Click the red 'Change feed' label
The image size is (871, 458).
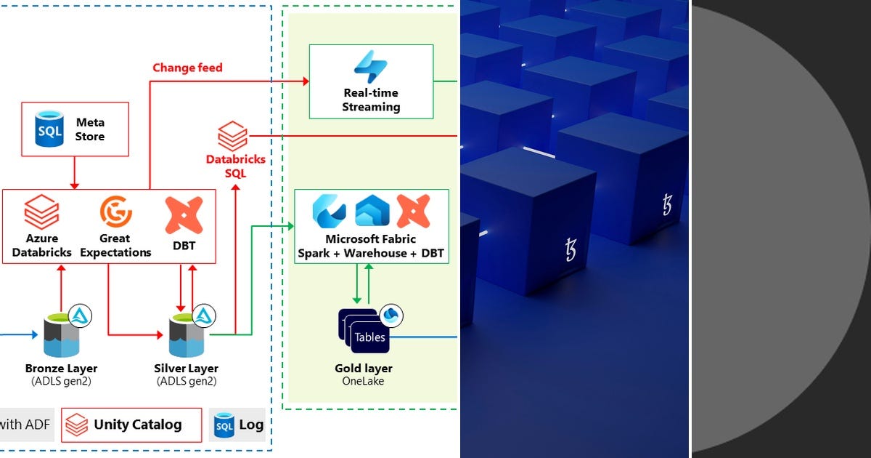click(187, 68)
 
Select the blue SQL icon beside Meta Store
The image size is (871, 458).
click(50, 129)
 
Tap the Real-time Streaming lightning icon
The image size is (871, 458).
click(371, 67)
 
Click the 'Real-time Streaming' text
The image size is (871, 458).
click(371, 100)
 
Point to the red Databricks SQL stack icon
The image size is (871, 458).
click(233, 137)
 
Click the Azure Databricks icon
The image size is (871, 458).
click(41, 212)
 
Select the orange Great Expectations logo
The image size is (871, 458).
click(115, 212)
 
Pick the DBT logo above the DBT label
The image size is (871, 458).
click(184, 215)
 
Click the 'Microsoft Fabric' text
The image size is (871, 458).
click(371, 239)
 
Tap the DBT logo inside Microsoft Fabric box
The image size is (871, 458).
click(413, 211)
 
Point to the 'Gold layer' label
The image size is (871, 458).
click(364, 369)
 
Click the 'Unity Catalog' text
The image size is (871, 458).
click(138, 425)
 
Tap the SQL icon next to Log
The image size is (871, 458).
click(224, 425)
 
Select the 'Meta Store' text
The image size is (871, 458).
click(90, 129)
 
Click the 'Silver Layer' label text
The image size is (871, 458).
click(187, 369)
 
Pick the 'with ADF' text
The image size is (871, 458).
click(25, 425)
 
